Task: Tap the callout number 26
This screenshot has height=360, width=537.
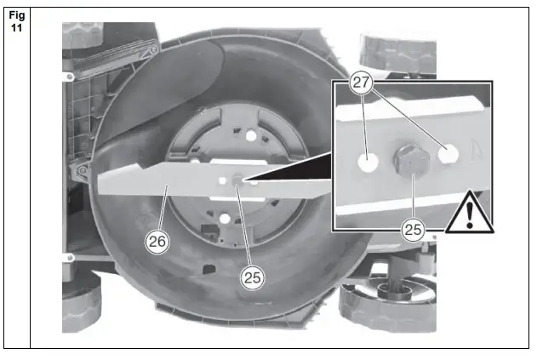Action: click(158, 241)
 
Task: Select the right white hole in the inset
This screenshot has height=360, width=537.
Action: click(448, 152)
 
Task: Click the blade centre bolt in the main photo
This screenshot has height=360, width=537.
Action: click(236, 179)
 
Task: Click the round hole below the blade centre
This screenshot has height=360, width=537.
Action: click(224, 220)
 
